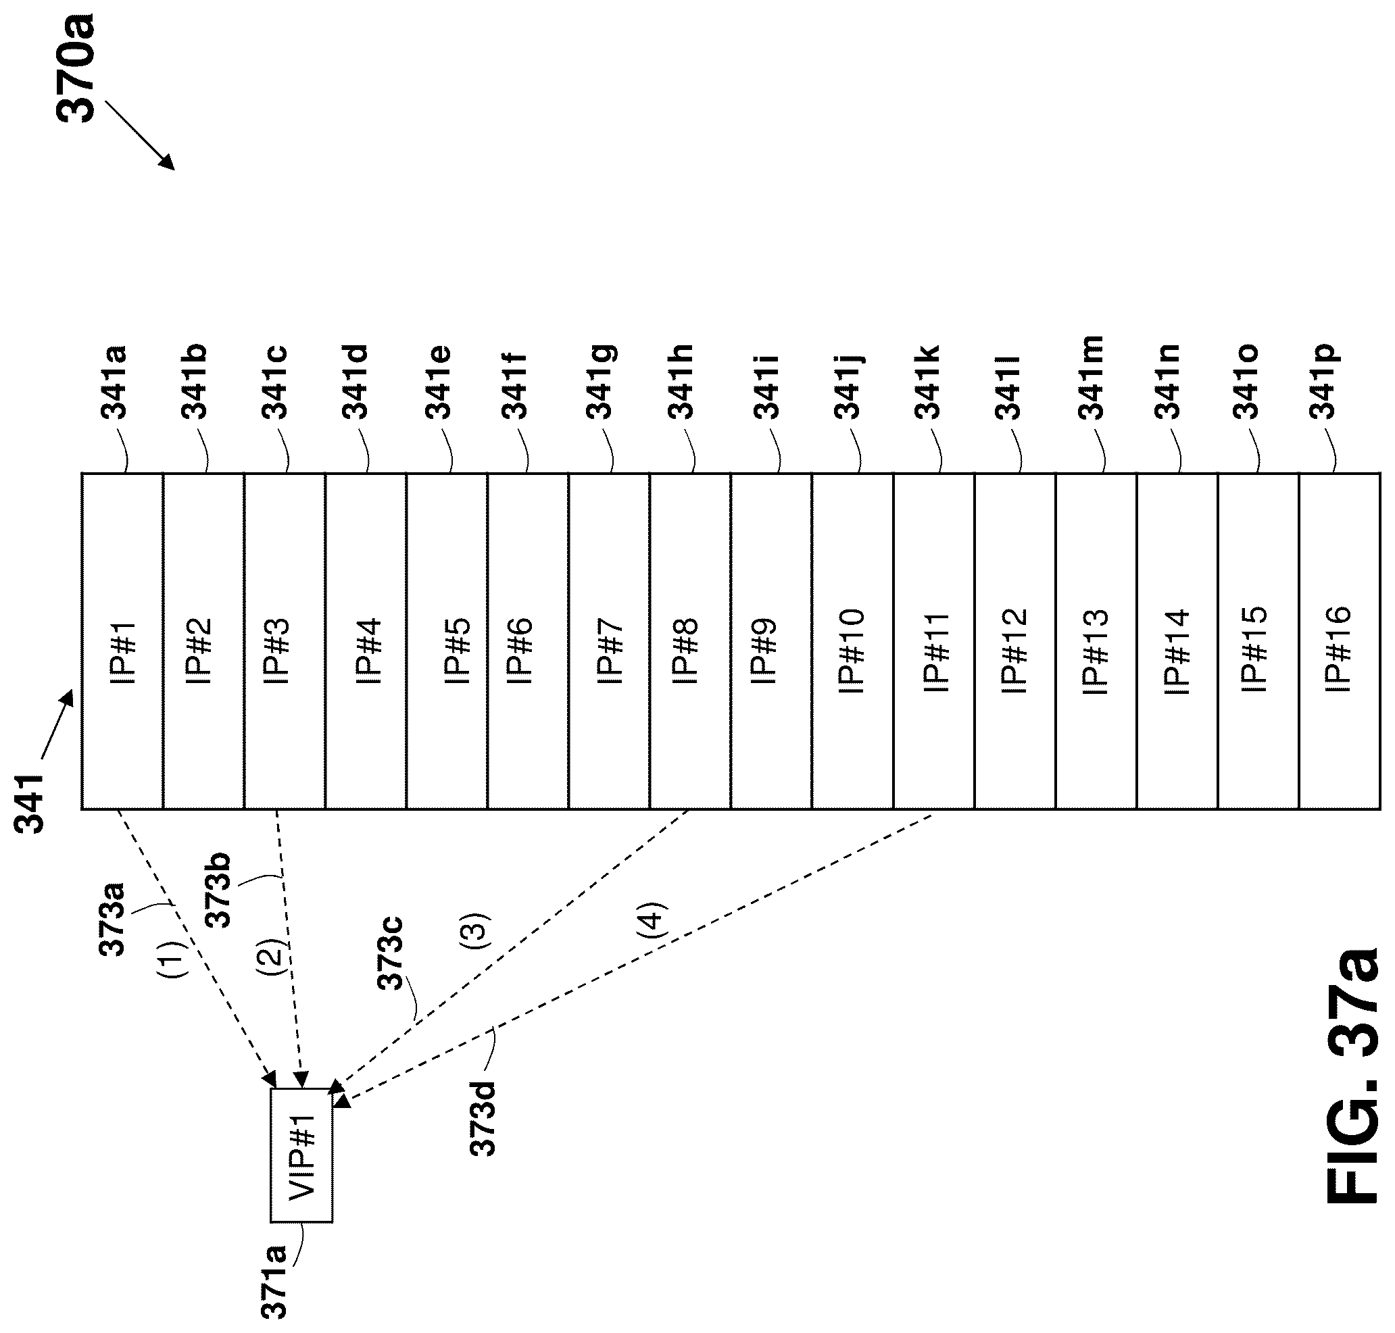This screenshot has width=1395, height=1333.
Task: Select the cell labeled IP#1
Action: point(122,641)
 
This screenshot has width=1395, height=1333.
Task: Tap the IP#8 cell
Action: point(689,641)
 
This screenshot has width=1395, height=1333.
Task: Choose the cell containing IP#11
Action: point(933,641)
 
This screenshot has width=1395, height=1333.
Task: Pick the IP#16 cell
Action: point(1339,641)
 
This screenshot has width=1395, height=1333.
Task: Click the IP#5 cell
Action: point(446,641)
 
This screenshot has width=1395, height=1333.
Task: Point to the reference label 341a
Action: point(114,382)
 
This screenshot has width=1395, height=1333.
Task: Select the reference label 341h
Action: point(681,382)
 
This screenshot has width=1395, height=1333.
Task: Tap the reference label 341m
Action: point(1090,378)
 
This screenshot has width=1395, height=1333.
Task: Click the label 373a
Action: point(112,918)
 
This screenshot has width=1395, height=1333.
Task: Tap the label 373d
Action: point(483,1118)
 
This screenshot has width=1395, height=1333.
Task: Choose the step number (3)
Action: point(474,931)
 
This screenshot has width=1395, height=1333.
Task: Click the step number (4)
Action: point(652,921)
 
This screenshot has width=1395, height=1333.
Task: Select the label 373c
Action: point(389,953)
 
